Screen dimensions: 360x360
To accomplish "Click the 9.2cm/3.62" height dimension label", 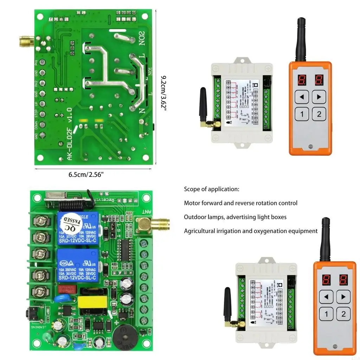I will [x=163, y=93].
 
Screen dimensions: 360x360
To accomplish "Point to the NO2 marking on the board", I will [x=142, y=38].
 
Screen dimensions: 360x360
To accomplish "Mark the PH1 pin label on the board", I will [x=36, y=63].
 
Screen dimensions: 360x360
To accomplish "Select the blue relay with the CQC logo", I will [x=78, y=265].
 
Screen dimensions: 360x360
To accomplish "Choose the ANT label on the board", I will [x=147, y=212].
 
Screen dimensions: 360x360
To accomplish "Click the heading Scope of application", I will [x=212, y=189].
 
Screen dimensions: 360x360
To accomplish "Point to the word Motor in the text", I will [x=192, y=203].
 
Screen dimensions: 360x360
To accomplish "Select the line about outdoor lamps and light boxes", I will [x=235, y=217].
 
